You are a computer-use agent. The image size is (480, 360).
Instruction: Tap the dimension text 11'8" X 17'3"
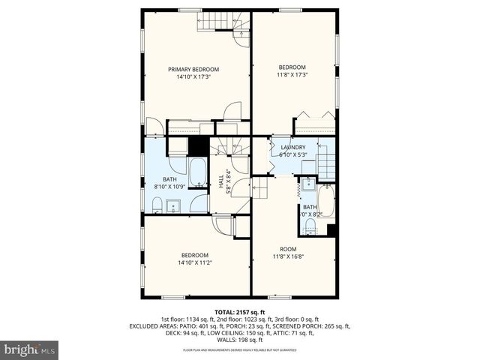(292, 74)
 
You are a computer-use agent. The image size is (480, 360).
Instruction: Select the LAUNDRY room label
(292, 147)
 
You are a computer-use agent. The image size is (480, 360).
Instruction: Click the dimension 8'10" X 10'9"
(169, 186)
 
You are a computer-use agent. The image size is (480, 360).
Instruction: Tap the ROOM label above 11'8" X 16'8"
(288, 249)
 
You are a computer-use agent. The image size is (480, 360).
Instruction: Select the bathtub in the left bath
(198, 173)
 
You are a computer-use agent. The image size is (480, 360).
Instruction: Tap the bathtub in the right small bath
(325, 200)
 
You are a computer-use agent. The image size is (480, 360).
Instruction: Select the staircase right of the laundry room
(325, 160)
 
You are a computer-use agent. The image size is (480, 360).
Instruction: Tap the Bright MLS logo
(30, 349)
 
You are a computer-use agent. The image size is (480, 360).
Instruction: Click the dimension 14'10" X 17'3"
(193, 76)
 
